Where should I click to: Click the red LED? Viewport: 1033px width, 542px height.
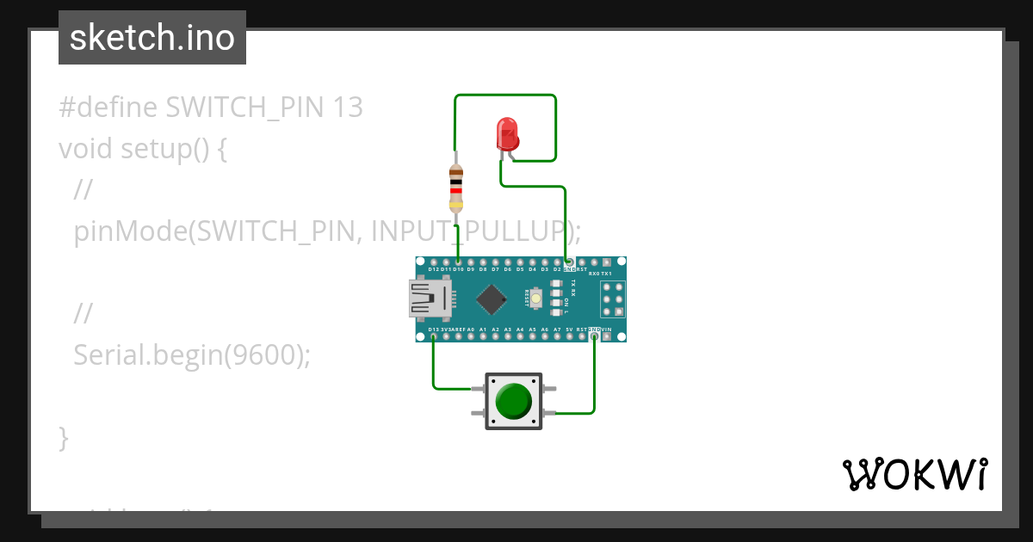[508, 136]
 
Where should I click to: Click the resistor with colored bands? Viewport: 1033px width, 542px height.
[456, 188]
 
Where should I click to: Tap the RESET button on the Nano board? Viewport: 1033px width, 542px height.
[535, 299]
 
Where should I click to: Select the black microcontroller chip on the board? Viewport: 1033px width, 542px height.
[491, 299]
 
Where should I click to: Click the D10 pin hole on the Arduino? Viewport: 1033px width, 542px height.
[458, 262]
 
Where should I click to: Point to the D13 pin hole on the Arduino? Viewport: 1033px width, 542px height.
[433, 336]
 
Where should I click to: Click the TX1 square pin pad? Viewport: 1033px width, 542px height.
[607, 262]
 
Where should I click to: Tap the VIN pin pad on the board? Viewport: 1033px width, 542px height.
[607, 336]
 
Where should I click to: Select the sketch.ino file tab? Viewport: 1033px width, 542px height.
[152, 38]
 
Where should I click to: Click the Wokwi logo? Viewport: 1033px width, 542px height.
[914, 474]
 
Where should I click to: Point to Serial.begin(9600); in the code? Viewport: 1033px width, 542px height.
[191, 354]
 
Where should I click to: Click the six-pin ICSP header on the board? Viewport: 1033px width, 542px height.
[612, 299]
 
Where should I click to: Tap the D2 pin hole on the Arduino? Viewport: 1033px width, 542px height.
[557, 262]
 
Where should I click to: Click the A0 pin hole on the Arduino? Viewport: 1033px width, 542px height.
[471, 336]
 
